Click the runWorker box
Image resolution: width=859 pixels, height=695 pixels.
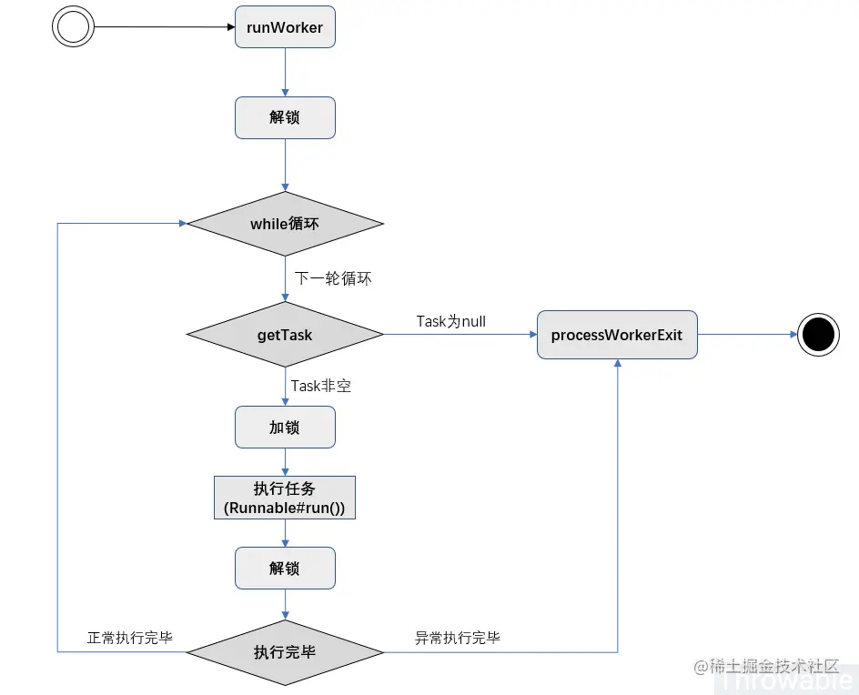285,27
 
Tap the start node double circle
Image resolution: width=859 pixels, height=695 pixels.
73,26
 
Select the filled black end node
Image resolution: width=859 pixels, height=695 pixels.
818,335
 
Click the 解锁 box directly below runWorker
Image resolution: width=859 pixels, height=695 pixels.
285,118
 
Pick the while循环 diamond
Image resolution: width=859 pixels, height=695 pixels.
285,224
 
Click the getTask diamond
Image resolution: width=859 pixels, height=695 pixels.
285,335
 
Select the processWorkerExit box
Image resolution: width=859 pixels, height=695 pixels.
617,335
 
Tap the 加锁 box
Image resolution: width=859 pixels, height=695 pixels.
285,427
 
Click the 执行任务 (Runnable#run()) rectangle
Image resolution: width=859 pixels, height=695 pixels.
285,498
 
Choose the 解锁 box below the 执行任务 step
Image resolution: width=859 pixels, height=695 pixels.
285,569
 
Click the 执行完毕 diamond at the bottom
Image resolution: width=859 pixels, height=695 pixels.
285,652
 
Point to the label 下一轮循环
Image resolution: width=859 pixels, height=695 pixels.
333,278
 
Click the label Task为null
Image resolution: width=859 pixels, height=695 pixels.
450,321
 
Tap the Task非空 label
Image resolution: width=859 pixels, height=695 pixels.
321,386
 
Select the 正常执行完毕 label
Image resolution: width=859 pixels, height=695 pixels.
130,638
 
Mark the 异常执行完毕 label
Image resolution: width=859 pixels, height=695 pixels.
458,638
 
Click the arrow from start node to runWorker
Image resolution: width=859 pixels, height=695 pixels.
164,27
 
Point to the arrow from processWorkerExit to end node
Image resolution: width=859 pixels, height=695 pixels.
747,335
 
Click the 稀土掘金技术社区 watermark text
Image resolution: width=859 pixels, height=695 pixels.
773,666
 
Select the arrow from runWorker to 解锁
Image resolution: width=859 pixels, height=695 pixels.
285,72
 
